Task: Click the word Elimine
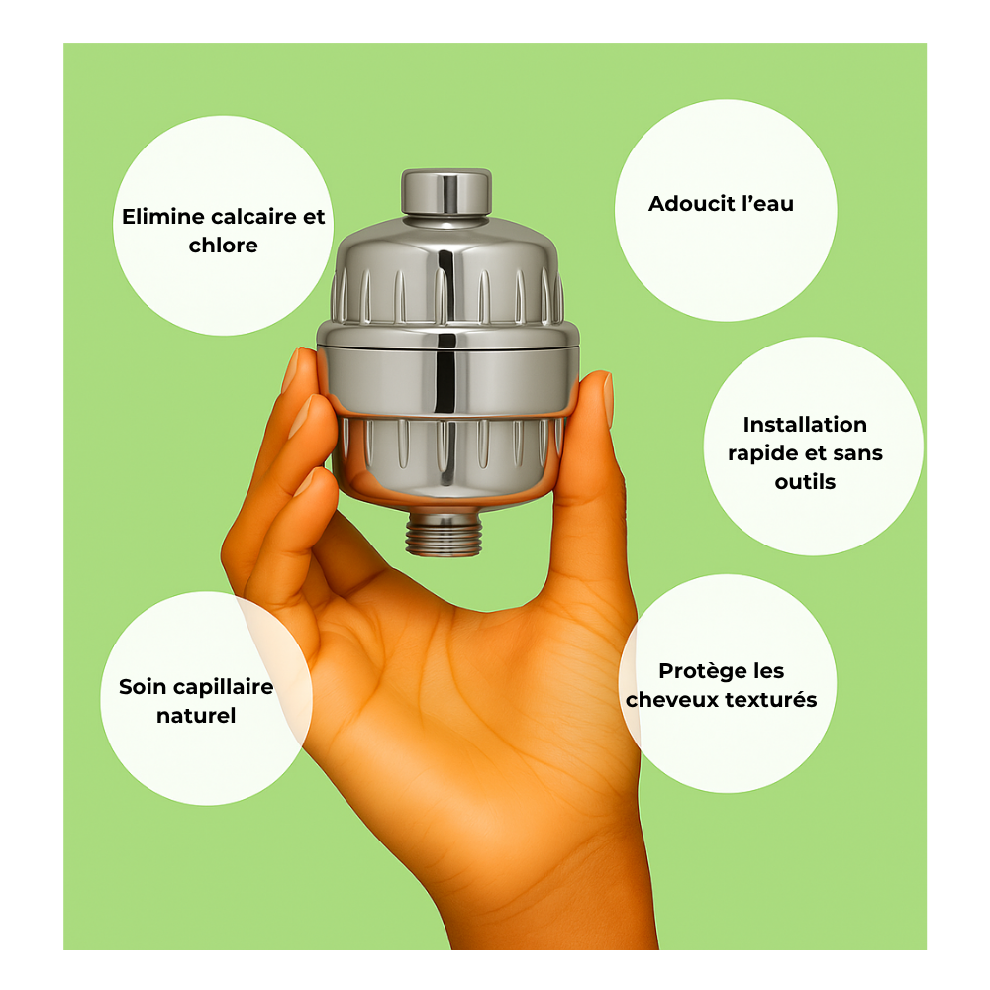click(x=162, y=217)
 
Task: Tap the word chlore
click(x=223, y=245)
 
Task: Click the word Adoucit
click(x=691, y=203)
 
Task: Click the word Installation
click(x=805, y=425)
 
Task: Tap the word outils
click(x=805, y=482)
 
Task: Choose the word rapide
click(x=762, y=454)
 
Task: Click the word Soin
click(x=142, y=686)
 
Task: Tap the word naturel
click(x=196, y=716)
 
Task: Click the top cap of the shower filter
click(x=446, y=193)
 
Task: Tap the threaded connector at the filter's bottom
click(x=444, y=534)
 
